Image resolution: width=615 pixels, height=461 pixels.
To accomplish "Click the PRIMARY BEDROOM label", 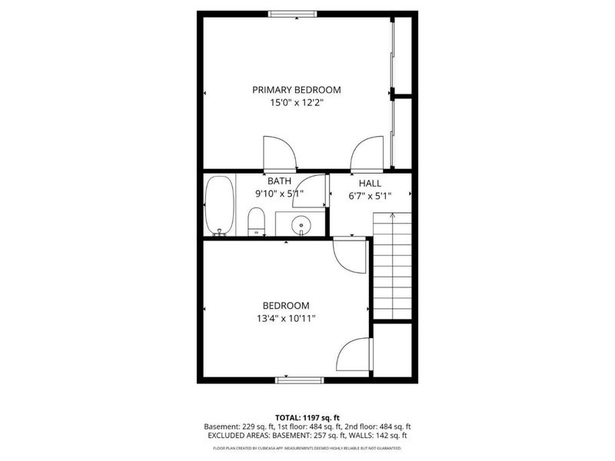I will pyautogui.click(x=296, y=90).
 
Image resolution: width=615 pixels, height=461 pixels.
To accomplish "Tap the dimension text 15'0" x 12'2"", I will pyautogui.click(x=296, y=103).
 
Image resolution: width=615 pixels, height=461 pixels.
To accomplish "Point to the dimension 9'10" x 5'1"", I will pyautogui.click(x=278, y=194).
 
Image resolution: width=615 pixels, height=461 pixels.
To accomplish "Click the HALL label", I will pyautogui.click(x=370, y=184).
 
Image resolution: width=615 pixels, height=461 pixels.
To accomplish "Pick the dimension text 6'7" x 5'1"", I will pyautogui.click(x=370, y=196).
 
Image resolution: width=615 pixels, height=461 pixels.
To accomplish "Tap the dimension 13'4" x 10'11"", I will pyautogui.click(x=286, y=318).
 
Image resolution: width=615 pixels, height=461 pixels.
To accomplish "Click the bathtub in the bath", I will pyautogui.click(x=219, y=206).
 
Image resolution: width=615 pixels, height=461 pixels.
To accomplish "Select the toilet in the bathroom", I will pyautogui.click(x=257, y=222).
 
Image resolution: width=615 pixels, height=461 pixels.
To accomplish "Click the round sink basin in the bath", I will pyautogui.click(x=301, y=225).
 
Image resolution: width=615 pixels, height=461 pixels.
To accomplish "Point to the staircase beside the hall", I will pyautogui.click(x=392, y=265).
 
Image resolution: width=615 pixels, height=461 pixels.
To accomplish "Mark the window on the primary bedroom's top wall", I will pyautogui.click(x=292, y=13).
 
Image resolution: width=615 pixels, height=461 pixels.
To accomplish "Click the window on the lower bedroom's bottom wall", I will pyautogui.click(x=300, y=379).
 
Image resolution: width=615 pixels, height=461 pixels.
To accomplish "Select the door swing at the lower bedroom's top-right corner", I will pyautogui.click(x=350, y=254).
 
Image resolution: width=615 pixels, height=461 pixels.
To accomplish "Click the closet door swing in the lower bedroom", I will pyautogui.click(x=354, y=355).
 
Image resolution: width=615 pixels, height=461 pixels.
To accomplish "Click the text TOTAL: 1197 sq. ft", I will pyautogui.click(x=307, y=416).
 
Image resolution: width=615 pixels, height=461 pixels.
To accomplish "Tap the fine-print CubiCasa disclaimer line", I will pyautogui.click(x=307, y=446).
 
